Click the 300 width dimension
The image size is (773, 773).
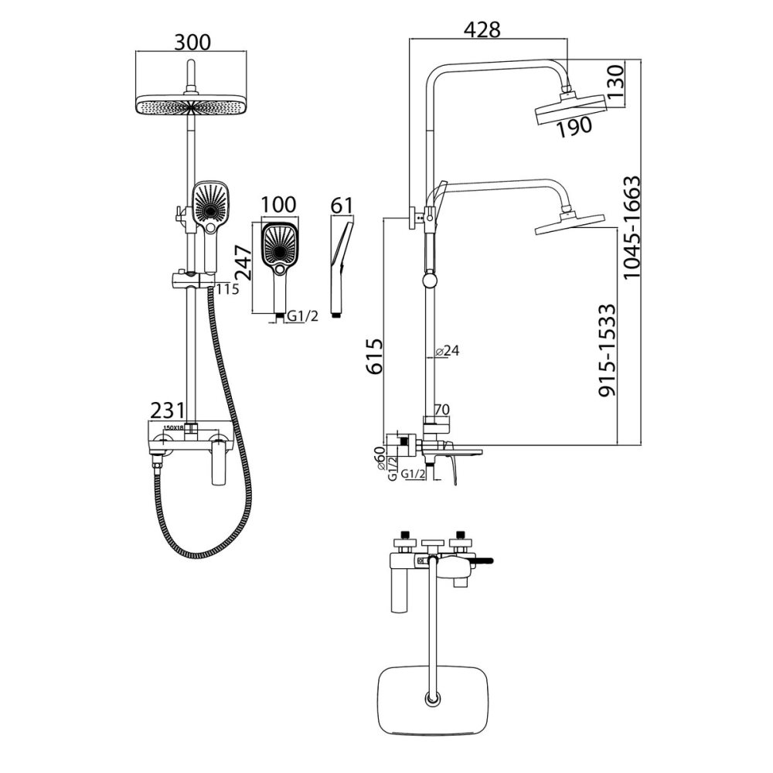click(192, 43)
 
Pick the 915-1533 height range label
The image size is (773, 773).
click(608, 349)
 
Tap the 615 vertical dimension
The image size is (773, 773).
click(374, 356)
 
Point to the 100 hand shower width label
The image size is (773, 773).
click(278, 205)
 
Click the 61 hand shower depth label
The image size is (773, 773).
click(340, 205)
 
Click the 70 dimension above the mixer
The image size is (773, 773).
click(442, 409)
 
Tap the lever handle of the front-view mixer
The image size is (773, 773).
click(220, 461)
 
